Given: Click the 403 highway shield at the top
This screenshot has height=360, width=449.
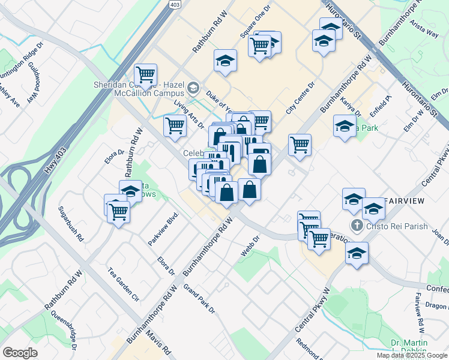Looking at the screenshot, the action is click(x=175, y=5).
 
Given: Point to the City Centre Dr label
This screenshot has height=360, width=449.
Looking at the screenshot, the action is click(x=300, y=98).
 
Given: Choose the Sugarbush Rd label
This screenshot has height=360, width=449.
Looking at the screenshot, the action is click(x=71, y=223).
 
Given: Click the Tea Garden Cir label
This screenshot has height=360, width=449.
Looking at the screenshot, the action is click(x=123, y=283).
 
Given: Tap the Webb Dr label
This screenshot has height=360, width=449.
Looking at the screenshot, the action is click(x=250, y=246).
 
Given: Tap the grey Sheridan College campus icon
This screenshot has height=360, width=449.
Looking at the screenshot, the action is click(x=193, y=88).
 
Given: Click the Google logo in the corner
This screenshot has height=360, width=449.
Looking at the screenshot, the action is click(x=20, y=353).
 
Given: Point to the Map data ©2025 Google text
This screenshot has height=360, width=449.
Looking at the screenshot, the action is click(x=411, y=355).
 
